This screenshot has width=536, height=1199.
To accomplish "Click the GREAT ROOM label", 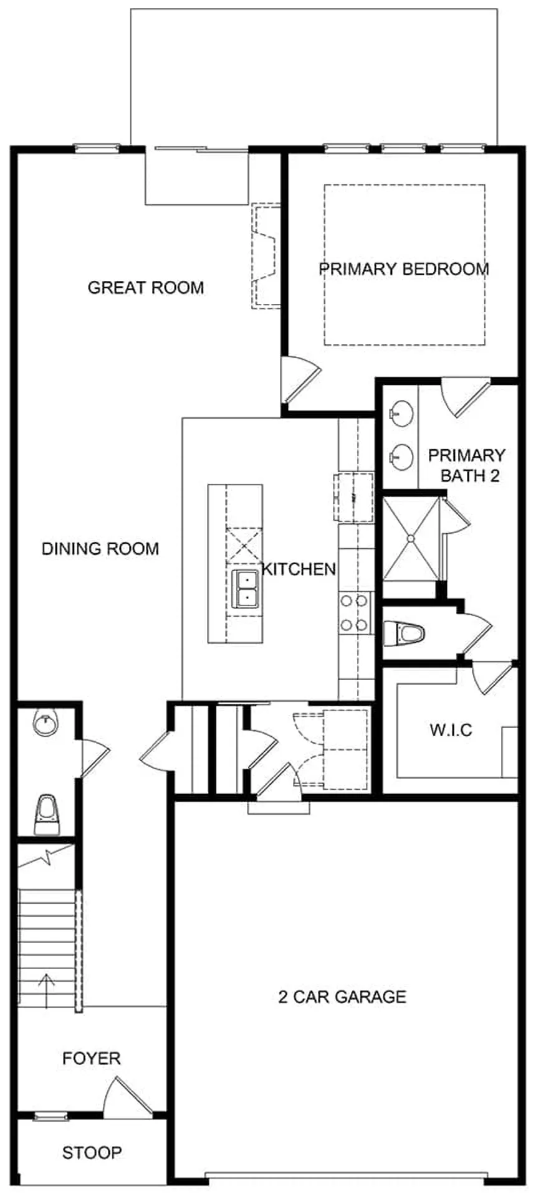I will point(145,288).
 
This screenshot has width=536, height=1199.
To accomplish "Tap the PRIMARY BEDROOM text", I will point(404,269).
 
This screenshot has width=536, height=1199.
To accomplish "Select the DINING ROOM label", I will point(100,549).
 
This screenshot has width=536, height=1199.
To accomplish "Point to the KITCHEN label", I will point(299,569).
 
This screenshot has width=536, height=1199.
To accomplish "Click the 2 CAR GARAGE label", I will point(342,997).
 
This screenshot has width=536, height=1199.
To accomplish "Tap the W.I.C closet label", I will point(451,729).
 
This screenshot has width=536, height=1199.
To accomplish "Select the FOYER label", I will point(92,1058).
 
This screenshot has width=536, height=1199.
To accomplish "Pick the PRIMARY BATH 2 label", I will point(467,465).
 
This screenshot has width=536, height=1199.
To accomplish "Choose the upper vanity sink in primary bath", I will point(403,414).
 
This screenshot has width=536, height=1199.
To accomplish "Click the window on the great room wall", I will point(97,148).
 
